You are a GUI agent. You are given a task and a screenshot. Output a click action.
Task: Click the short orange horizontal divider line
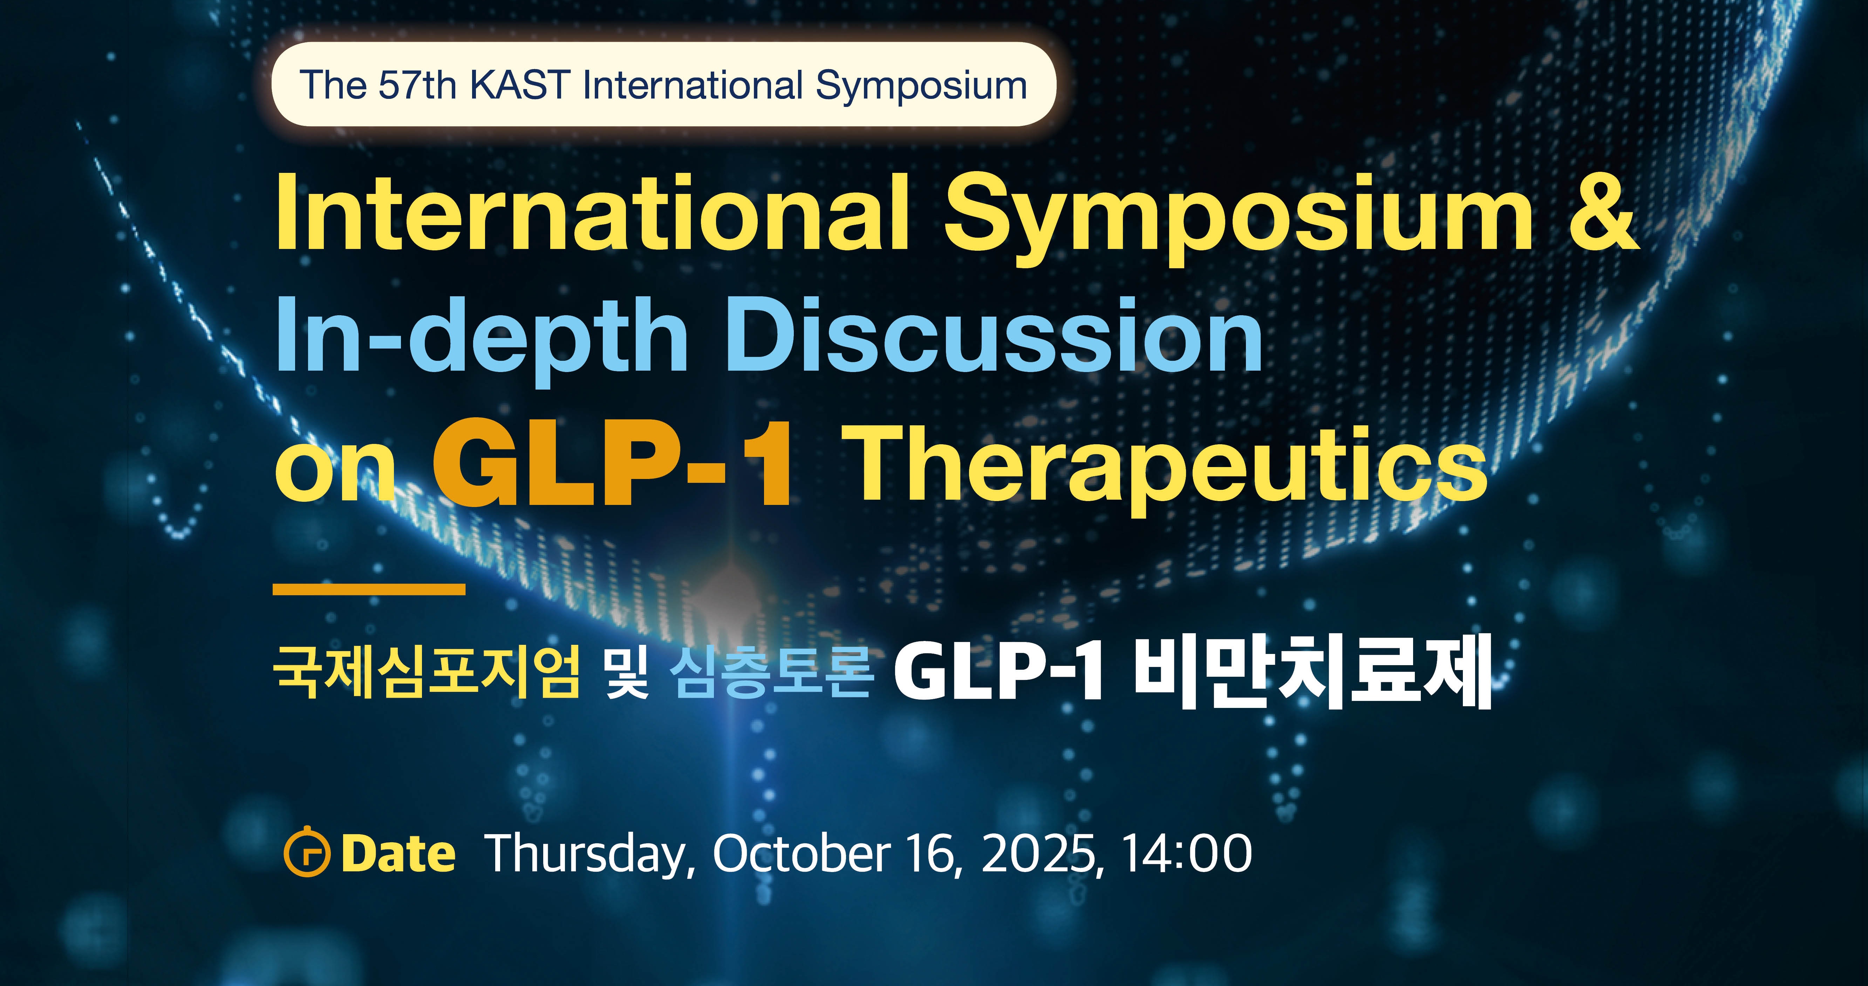(369, 589)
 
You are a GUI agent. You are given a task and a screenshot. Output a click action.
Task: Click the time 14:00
(1187, 853)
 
